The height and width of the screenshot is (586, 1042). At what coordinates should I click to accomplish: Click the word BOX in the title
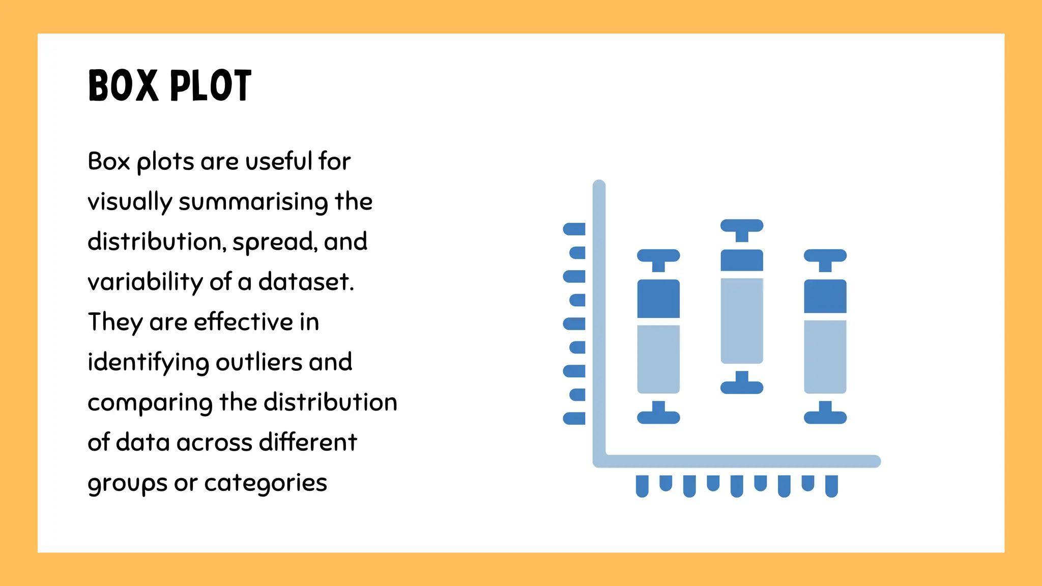(x=123, y=85)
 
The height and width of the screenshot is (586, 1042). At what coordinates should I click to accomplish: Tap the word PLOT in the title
(x=211, y=85)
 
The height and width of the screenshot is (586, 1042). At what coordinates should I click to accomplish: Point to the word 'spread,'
(x=275, y=242)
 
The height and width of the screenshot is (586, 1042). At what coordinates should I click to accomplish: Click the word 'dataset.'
(x=306, y=282)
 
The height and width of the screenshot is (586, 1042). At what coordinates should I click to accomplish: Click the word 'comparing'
(x=150, y=403)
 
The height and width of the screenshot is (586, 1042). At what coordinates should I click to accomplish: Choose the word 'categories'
(x=266, y=483)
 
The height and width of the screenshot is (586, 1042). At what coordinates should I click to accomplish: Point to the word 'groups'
(x=127, y=483)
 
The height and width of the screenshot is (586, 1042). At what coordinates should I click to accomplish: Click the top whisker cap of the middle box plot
(x=742, y=225)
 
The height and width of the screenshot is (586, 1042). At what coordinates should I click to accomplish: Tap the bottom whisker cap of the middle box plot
(x=742, y=388)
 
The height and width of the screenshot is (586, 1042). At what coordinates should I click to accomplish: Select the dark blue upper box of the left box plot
(x=658, y=299)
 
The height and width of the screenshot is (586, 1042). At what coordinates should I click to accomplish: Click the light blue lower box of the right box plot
(x=825, y=357)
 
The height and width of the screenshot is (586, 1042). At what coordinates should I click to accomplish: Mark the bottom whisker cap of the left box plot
(x=658, y=418)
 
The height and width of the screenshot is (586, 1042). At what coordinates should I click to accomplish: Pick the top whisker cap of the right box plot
(x=825, y=255)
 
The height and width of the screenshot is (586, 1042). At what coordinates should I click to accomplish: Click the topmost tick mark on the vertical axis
(x=574, y=229)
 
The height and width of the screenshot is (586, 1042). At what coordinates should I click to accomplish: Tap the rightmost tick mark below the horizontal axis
(x=831, y=486)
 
